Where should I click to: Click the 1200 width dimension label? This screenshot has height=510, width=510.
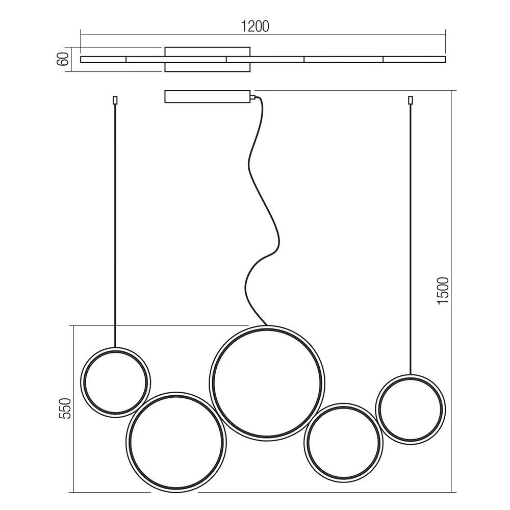[255, 27]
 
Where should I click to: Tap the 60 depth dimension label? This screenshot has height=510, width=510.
[63, 59]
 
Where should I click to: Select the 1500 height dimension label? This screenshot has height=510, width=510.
[443, 291]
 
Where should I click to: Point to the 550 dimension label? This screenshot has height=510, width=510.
[65, 408]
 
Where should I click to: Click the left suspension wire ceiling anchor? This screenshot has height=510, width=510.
[115, 100]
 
